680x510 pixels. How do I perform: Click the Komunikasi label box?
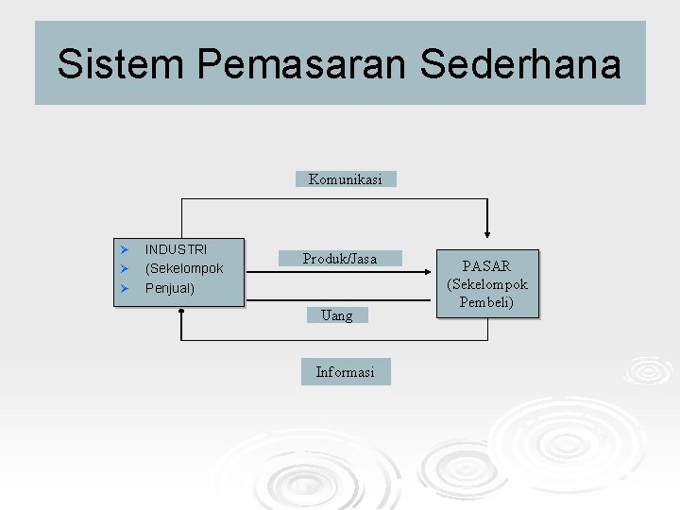coord(346,178)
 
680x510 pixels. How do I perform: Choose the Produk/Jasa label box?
coord(340,258)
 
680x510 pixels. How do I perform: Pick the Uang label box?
coord(337,315)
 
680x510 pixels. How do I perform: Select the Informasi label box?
coord(345,372)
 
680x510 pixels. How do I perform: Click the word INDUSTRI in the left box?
coord(176,249)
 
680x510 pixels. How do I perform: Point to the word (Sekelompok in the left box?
coord(184,268)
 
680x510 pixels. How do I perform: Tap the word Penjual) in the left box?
coord(170,287)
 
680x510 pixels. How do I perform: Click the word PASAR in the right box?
coord(487,266)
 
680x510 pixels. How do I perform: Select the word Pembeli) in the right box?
coord(487,302)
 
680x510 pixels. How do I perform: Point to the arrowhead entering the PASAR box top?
coord(487,233)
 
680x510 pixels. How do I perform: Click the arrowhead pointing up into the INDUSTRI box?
coord(179,315)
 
